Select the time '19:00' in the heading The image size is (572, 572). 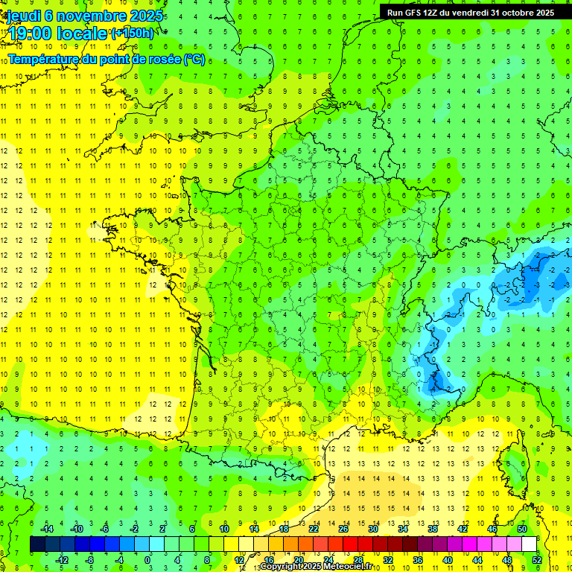pos(32,34)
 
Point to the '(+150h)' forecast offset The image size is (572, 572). pos(133,34)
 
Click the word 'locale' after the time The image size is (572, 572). pos(83,34)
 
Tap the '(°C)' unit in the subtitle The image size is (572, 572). pos(194,59)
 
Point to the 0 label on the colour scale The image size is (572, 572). pos(147,559)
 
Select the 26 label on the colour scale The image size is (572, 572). pos(343,528)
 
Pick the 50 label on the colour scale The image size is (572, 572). pos(522,528)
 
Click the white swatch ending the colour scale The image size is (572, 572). pos(530,544)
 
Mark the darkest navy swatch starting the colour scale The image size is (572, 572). pos(37,544)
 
